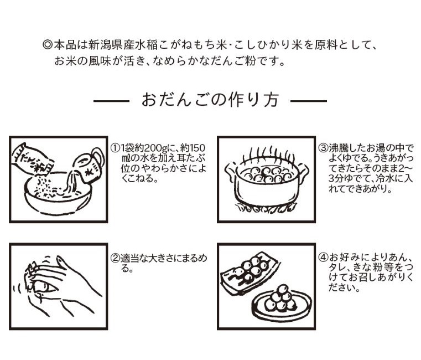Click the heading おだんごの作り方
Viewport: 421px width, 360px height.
click(210, 101)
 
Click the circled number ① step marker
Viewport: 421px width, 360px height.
click(115, 148)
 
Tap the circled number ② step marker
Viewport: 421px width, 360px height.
click(115, 259)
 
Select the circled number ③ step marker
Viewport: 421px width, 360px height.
click(324, 148)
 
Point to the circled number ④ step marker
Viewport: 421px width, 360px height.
click(324, 259)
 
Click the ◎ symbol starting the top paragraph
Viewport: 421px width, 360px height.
click(46, 44)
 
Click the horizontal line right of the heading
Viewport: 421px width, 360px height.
click(309, 101)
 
